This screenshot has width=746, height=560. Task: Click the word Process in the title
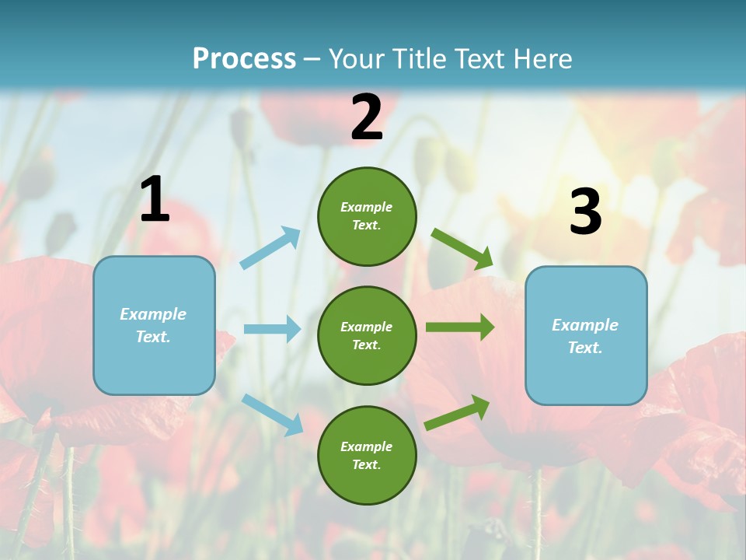244,59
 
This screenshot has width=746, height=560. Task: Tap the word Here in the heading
539,59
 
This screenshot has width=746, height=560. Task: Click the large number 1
155,200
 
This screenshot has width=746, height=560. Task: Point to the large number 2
367,117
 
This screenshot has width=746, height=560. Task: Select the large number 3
585,212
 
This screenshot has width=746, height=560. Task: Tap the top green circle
367,216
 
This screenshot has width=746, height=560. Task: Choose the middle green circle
367,335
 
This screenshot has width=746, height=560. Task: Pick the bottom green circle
367,455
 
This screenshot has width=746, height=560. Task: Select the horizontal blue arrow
272,329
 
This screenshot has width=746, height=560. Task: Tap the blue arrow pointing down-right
273,414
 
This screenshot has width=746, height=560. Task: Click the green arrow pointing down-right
462,248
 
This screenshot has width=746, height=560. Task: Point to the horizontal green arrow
460,327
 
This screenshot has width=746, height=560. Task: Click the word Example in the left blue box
153,314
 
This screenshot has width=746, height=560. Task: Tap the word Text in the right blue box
584,348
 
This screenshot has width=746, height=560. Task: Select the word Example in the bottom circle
366,446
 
